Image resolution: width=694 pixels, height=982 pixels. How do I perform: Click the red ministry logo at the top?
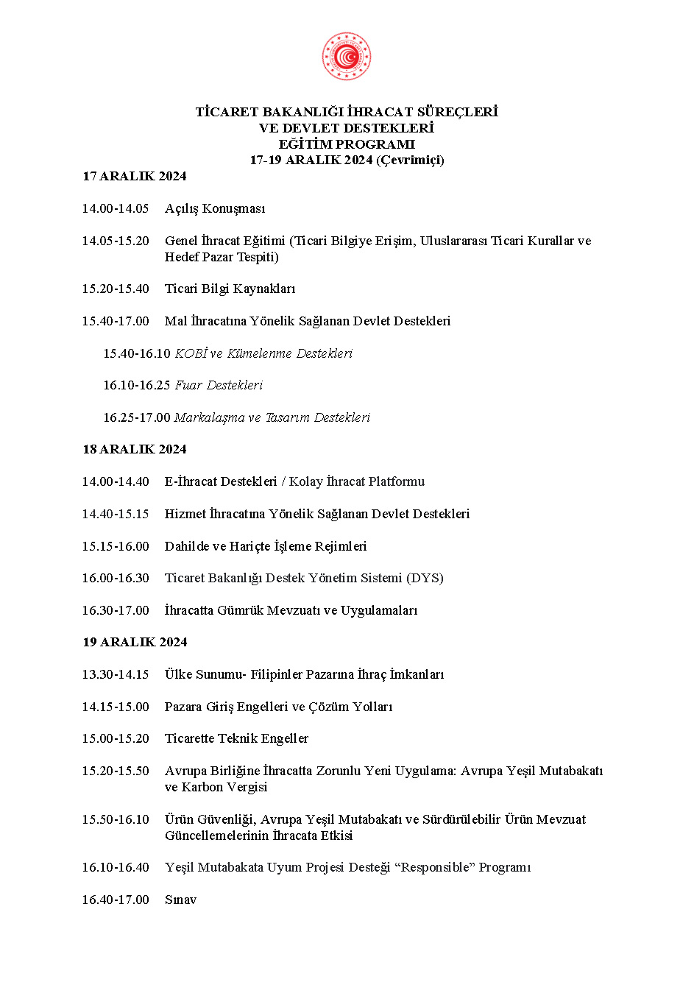pyautogui.click(x=346, y=57)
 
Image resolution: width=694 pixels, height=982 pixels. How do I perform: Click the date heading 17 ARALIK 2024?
pyautogui.click(x=134, y=176)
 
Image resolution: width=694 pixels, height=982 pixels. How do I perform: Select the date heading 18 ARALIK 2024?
pyautogui.click(x=134, y=449)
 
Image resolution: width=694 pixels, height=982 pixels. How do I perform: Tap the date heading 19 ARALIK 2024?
pyautogui.click(x=135, y=642)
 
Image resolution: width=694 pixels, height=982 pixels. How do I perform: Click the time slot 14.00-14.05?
pyautogui.click(x=116, y=208)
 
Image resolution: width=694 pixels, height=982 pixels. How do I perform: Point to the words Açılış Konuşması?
pyautogui.click(x=215, y=208)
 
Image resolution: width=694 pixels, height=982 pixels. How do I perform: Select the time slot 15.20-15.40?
pyautogui.click(x=116, y=289)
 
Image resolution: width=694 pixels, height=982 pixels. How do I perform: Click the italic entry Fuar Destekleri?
pyautogui.click(x=218, y=385)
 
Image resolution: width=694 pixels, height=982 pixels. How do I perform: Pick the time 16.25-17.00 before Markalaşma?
pyautogui.click(x=136, y=417)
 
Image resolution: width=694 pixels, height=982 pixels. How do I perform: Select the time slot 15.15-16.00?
pyautogui.click(x=116, y=546)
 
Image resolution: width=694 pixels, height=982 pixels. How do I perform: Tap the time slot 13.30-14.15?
pyautogui.click(x=116, y=674)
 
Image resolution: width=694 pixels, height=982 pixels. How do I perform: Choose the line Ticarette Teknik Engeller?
pyautogui.click(x=236, y=738)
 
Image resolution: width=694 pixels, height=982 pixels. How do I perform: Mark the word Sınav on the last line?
pyautogui.click(x=180, y=900)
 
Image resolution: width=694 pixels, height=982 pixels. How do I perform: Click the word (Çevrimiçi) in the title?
pyautogui.click(x=410, y=160)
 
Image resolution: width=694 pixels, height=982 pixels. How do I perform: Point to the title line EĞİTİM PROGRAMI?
pyautogui.click(x=346, y=144)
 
